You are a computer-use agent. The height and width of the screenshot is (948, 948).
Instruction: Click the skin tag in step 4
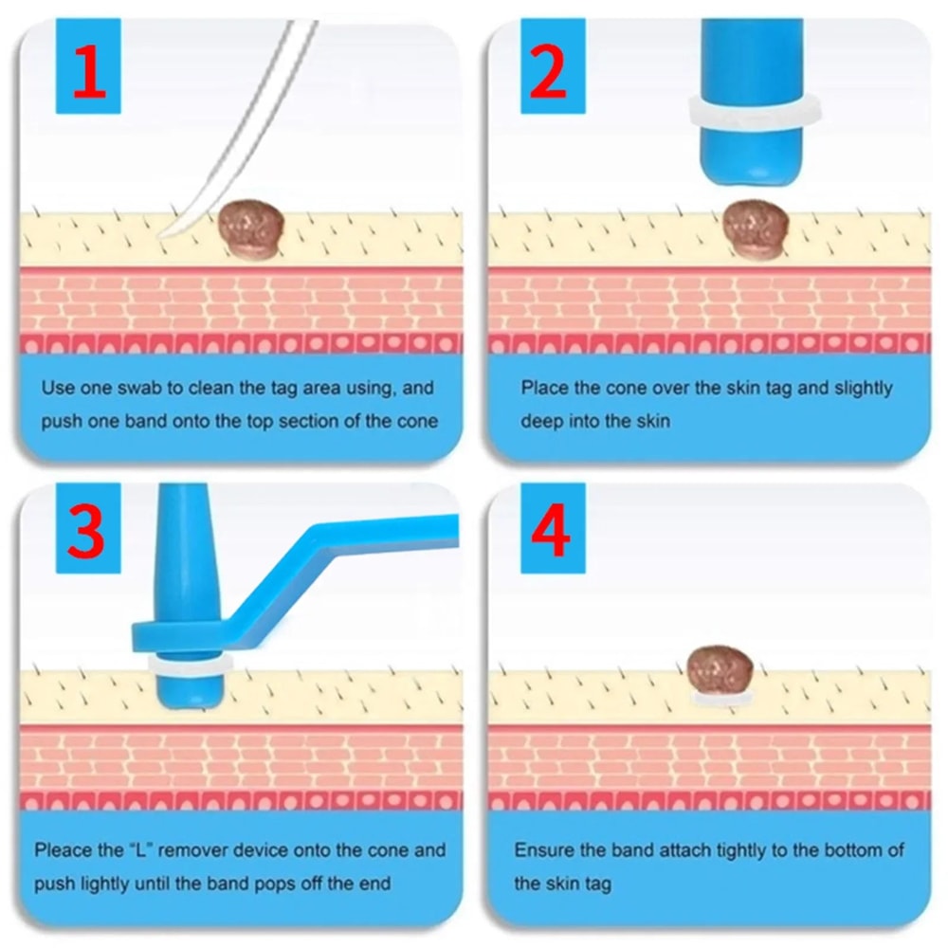point(720,671)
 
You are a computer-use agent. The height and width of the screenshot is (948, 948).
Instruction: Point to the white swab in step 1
point(237,133)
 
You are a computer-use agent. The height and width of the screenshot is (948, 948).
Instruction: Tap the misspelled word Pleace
point(64,850)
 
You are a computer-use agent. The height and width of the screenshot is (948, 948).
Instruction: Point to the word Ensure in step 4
point(544,850)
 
